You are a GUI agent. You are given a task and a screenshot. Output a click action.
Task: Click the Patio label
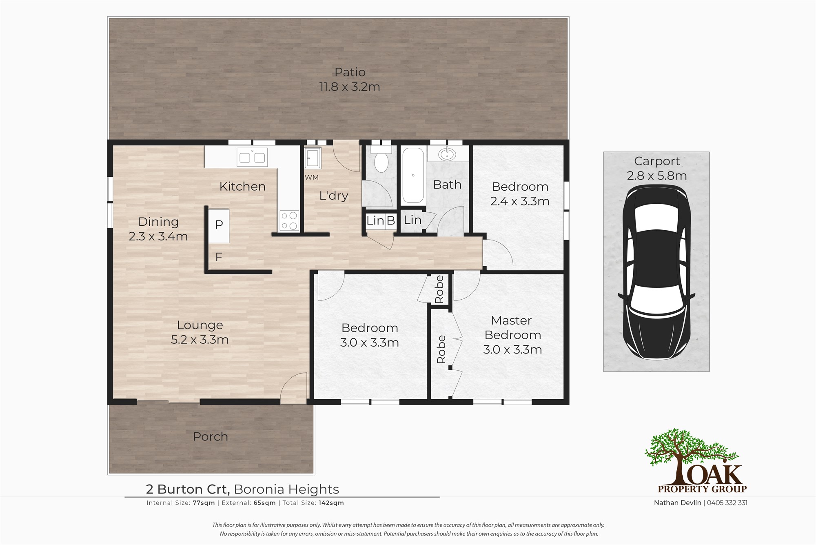[350, 72]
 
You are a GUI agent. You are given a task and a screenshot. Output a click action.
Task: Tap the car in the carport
[656, 272]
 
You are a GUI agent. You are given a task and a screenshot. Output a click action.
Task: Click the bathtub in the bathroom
[413, 176]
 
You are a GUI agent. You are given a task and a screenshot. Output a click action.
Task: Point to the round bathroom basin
[448, 154]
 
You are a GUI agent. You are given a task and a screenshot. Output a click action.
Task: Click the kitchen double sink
[252, 157]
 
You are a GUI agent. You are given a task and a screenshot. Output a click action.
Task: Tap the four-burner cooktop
[289, 221]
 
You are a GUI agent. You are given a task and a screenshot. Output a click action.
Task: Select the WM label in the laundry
[312, 178]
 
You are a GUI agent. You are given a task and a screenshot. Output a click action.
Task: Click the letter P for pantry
[219, 224]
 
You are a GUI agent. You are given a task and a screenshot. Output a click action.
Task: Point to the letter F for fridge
[219, 257]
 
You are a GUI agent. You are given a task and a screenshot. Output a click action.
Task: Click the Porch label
[210, 436]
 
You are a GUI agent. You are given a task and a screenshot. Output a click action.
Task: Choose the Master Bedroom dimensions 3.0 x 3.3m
[512, 350]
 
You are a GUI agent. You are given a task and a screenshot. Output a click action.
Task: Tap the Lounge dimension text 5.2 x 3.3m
[200, 340]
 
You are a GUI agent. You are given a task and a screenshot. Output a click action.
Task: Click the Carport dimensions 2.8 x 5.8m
[657, 176]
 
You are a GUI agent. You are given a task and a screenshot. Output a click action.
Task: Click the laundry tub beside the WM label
[313, 158]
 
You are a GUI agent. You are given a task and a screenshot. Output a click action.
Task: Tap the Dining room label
[158, 222]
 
